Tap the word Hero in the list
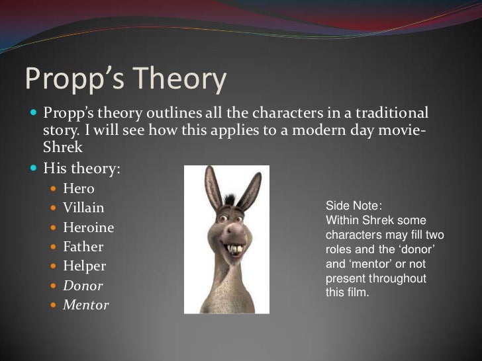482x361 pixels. tap(79, 189)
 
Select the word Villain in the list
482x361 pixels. tap(83, 208)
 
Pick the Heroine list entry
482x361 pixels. tap(88, 227)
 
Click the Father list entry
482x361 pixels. tap(83, 247)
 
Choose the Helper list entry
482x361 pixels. tap(84, 266)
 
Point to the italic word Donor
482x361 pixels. tap(83, 286)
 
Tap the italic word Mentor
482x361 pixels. tap(85, 305)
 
